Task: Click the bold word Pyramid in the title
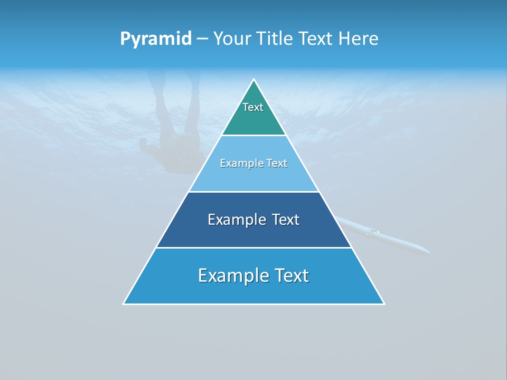coord(156,39)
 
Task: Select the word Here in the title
coord(358,39)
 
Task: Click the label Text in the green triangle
coord(253,107)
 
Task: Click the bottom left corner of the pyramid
coord(124,303)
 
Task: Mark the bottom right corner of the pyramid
coord(383,303)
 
